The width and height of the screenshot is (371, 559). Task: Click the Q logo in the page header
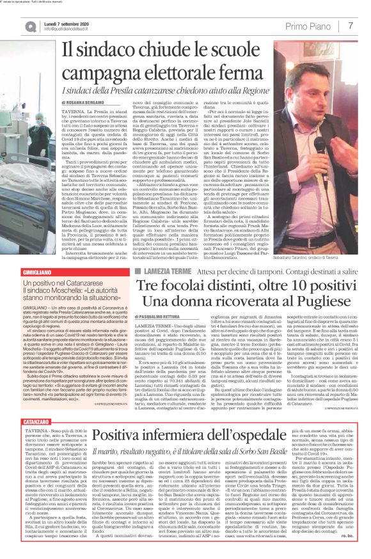[13, 26]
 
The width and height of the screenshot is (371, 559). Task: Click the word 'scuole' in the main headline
[223, 50]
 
